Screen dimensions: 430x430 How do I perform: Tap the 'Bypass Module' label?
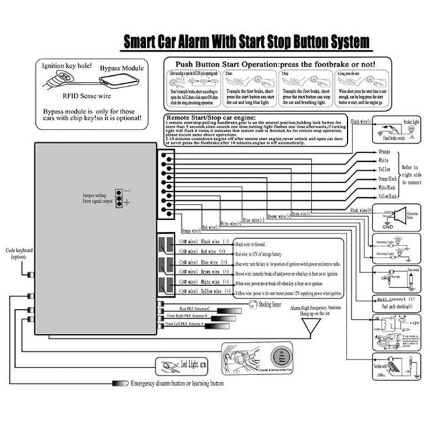[x=121, y=68]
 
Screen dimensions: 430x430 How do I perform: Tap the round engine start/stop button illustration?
[x=279, y=357]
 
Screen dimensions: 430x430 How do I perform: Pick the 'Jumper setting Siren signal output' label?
[x=98, y=197]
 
